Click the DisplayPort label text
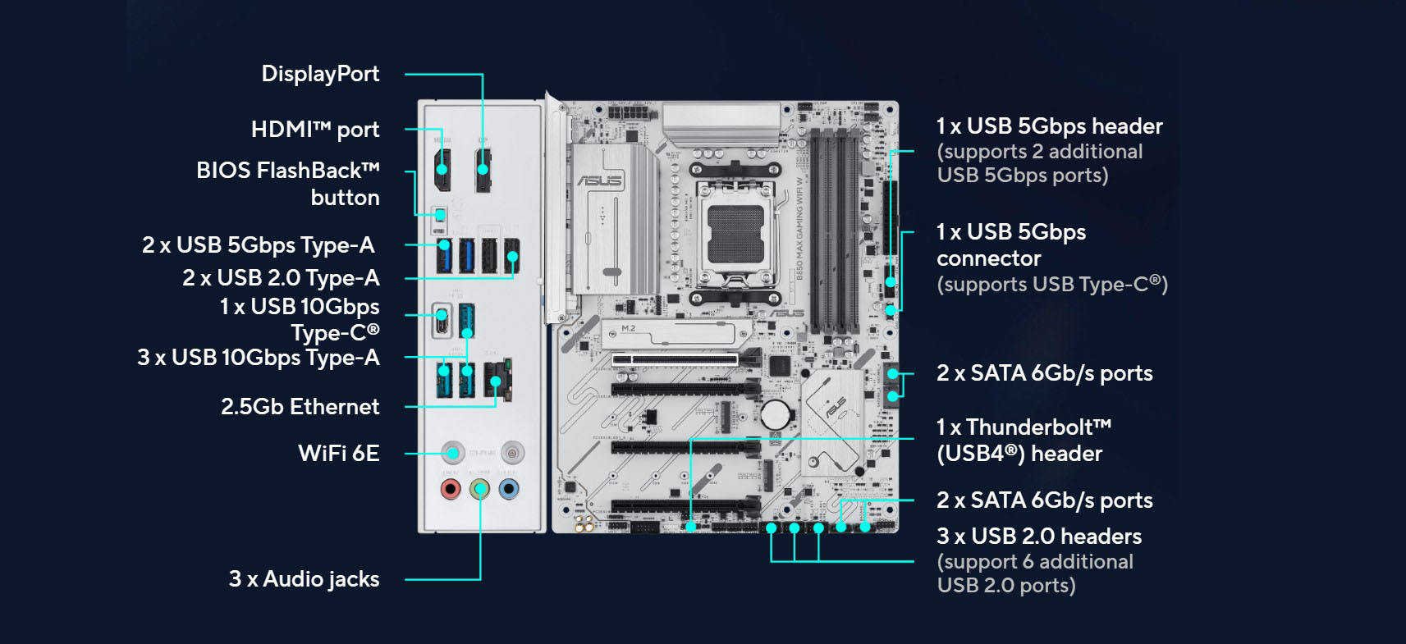[x=320, y=74]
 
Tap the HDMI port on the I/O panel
[x=442, y=169]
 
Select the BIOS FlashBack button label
[x=287, y=183]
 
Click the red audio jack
[x=450, y=490]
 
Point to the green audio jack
[x=480, y=490]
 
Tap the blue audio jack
[x=509, y=490]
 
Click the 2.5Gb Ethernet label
[x=300, y=407]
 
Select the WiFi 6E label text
[x=338, y=454]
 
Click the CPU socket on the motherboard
[x=735, y=233]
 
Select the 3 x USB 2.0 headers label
[x=1038, y=537]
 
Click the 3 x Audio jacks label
[x=304, y=579]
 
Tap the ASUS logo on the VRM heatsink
[x=600, y=180]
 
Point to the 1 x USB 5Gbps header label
[x=1049, y=126]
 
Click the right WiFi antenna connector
[x=512, y=451]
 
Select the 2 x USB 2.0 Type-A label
[x=281, y=278]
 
